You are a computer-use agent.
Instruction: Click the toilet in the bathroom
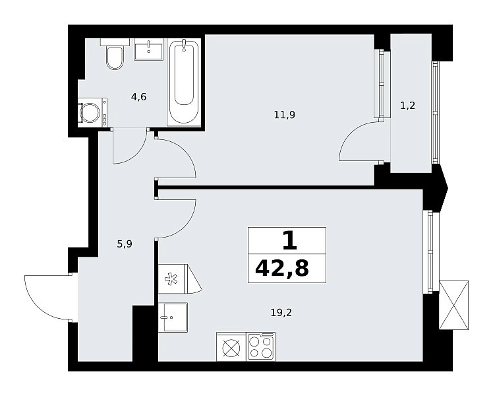point(115,54)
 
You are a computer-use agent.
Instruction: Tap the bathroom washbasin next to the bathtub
point(149,49)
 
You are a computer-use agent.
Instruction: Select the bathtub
point(184,82)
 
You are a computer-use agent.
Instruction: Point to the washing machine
point(92,112)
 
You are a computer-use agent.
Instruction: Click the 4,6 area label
point(138,96)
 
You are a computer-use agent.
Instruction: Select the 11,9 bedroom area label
point(284,115)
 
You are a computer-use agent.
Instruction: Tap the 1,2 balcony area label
point(407,106)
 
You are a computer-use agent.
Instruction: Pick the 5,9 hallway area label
point(125,244)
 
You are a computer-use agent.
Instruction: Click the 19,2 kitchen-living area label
point(281,313)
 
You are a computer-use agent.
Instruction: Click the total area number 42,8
point(282,269)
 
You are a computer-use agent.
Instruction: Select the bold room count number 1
point(289,240)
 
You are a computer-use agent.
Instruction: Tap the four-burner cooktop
point(260,346)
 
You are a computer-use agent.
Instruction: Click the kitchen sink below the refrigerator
point(173,317)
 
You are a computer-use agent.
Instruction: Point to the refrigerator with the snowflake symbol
point(179,279)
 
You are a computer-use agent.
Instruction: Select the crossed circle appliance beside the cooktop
point(231,346)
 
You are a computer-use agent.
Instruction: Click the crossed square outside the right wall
point(453,306)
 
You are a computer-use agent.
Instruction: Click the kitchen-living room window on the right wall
point(428,252)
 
